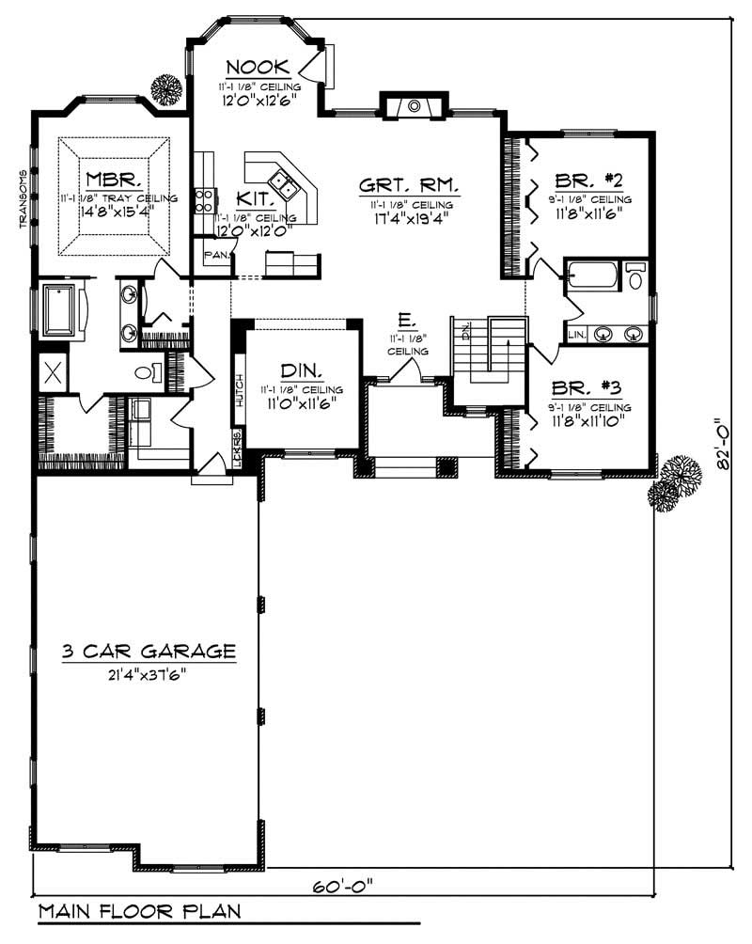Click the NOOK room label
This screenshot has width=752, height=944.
255,67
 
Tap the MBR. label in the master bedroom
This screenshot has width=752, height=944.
114,179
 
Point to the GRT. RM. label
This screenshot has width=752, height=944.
408,184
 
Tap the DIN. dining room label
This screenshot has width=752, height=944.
301,370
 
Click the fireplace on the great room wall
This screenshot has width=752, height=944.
413,105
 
